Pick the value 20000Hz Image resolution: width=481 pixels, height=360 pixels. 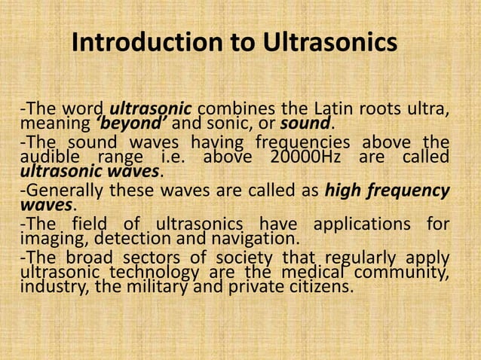click(x=302, y=157)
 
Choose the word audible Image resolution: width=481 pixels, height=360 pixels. click(x=51, y=157)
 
